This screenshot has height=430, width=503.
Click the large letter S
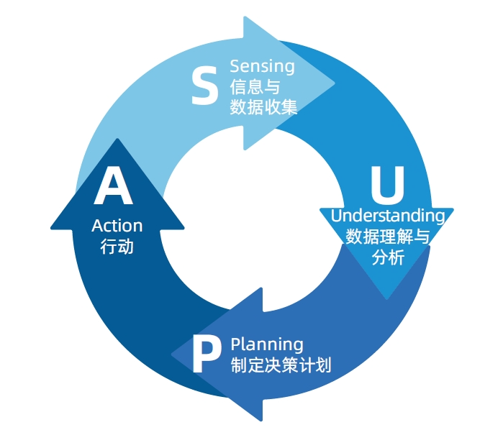(204, 86)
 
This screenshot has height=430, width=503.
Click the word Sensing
(262, 67)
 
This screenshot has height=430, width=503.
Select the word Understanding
(387, 215)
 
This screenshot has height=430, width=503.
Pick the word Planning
(267, 344)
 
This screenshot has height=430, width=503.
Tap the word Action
(117, 226)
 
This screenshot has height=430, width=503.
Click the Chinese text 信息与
(254, 87)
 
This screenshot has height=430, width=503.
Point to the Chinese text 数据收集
(264, 107)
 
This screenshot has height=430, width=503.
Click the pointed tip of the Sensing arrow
(335, 83)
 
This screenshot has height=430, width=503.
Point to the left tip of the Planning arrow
(173, 354)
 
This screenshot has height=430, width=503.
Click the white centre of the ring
(252, 223)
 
